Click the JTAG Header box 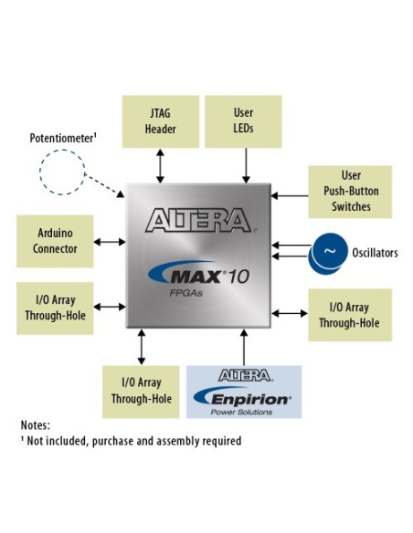point(162,120)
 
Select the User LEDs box point(244,120)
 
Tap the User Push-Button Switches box point(350,191)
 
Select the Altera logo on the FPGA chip point(198,220)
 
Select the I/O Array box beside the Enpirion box point(142,391)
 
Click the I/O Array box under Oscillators point(350,315)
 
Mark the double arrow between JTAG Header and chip point(162,166)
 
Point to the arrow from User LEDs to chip point(244,166)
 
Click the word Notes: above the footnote point(35,425)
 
